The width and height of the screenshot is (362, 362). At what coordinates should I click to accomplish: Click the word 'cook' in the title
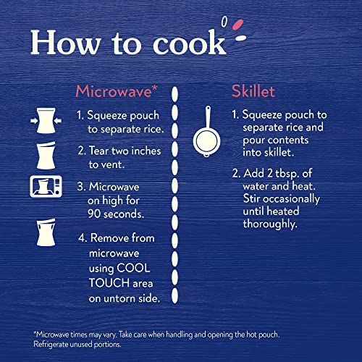pyautogui.click(x=190, y=43)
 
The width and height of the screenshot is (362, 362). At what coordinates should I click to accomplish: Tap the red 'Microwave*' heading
pyautogui.click(x=117, y=91)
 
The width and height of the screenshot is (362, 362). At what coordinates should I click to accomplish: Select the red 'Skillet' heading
pyautogui.click(x=253, y=91)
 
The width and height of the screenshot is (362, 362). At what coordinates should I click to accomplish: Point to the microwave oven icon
pyautogui.click(x=46, y=187)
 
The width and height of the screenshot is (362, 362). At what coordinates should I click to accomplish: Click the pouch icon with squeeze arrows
pyautogui.click(x=46, y=121)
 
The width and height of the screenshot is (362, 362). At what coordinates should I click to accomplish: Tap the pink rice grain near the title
pyautogui.click(x=237, y=25)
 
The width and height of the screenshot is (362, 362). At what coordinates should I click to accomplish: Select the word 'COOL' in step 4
pyautogui.click(x=133, y=268)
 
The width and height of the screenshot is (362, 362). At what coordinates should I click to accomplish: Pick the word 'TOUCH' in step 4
pyautogui.click(x=109, y=283)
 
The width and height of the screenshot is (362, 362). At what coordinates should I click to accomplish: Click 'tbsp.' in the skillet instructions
pyautogui.click(x=287, y=174)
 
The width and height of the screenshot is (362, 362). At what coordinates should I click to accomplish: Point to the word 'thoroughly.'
pyautogui.click(x=270, y=224)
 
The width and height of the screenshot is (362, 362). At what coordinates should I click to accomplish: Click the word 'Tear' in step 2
pyautogui.click(x=99, y=151)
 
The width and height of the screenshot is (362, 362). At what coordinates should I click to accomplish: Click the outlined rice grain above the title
pyautogui.click(x=224, y=22)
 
